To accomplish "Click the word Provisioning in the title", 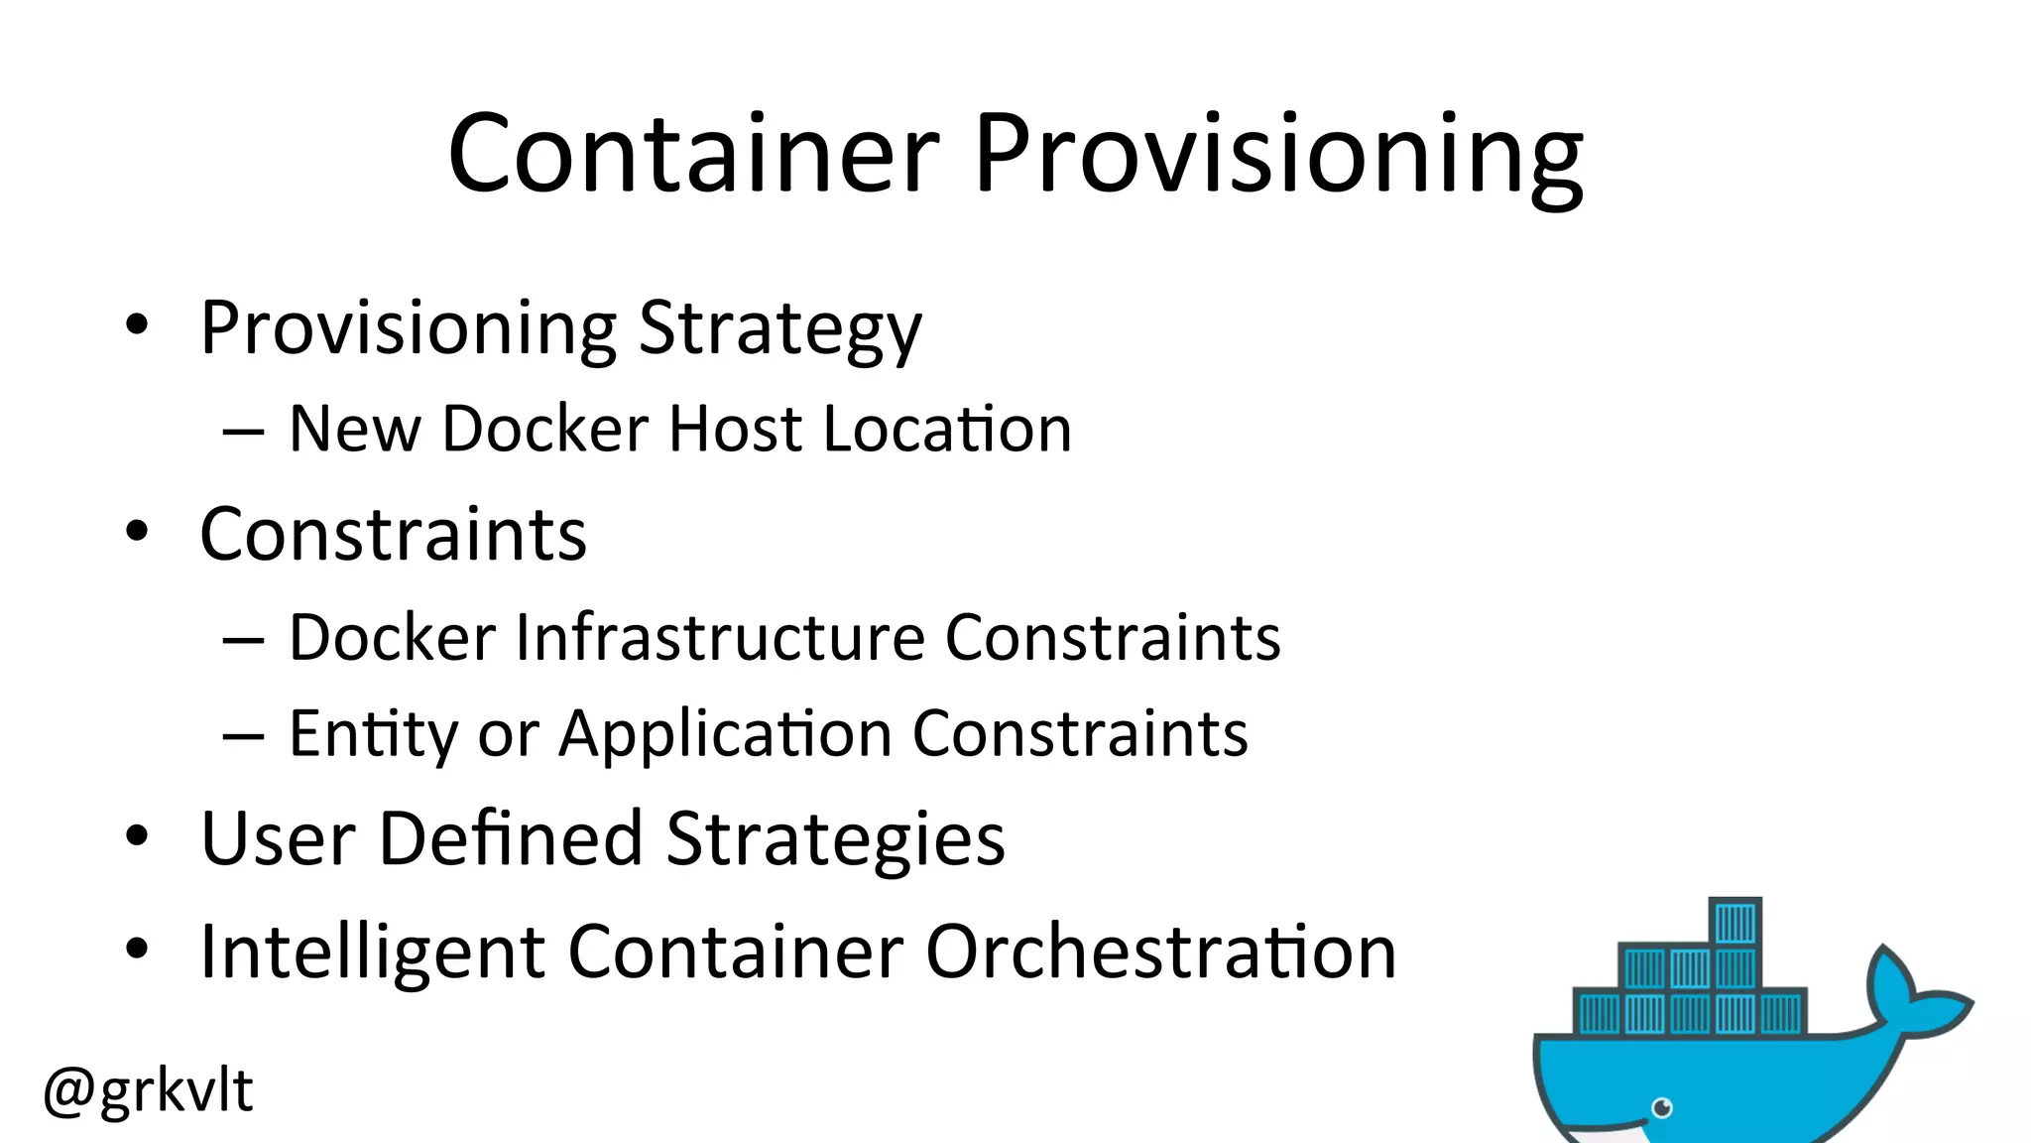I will click(1278, 156).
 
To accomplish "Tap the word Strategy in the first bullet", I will click(780, 329).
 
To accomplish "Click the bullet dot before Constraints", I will click(137, 532).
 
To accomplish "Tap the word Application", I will click(725, 735).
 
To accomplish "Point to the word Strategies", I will click(835, 841).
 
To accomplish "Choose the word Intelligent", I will click(372, 952).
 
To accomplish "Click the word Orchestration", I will click(1160, 951).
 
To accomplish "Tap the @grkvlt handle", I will click(149, 1090).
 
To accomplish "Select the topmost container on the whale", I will click(1735, 922).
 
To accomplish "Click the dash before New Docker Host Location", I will click(243, 432).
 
